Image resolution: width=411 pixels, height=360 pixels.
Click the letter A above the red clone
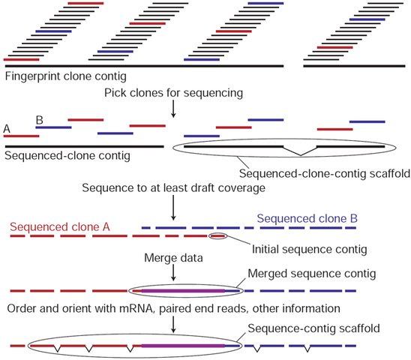pos(7,129)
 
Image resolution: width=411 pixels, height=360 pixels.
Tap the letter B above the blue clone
pos(39,119)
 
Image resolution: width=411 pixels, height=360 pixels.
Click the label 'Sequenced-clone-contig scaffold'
pos(322,173)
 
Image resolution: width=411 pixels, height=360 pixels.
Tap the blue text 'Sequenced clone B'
pos(307,218)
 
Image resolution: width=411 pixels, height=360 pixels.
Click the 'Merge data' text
pos(174,259)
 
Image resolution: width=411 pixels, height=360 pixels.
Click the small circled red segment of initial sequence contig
pos(217,236)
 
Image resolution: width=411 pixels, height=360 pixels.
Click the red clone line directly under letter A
pos(20,136)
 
